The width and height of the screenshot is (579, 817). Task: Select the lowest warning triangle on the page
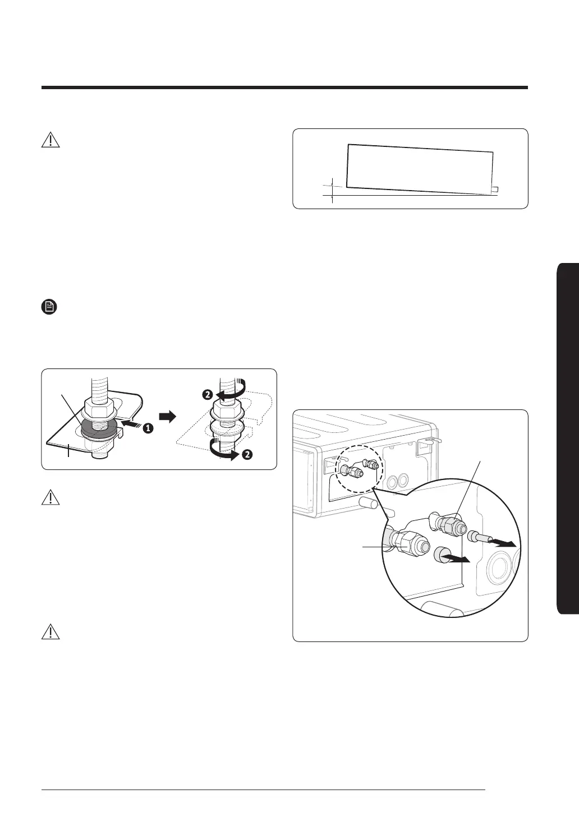point(51,633)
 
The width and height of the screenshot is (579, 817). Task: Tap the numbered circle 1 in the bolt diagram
point(146,428)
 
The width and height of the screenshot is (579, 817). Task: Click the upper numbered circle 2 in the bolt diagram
point(208,395)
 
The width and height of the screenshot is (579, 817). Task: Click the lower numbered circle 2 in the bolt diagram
point(247,454)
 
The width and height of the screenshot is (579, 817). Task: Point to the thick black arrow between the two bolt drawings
point(168,417)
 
